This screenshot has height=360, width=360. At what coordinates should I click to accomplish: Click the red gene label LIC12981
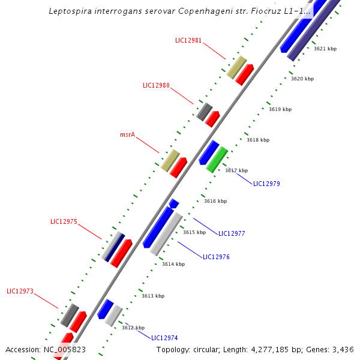[x=188, y=41]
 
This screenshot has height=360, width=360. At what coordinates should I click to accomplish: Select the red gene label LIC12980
[x=156, y=85]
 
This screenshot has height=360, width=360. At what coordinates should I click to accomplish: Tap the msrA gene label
[x=128, y=135]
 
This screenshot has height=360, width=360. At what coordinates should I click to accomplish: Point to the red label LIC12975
[x=64, y=221]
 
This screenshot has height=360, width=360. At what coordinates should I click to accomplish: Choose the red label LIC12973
[x=20, y=292]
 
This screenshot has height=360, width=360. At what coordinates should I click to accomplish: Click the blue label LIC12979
[x=266, y=184]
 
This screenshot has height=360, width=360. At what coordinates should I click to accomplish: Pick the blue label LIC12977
[x=232, y=233]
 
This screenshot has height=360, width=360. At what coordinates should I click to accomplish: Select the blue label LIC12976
[x=216, y=257]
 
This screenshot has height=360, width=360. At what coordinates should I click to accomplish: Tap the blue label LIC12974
[x=164, y=338]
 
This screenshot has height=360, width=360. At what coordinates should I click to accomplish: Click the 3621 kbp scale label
[x=325, y=49]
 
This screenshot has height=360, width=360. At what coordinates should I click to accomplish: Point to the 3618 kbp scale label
[x=258, y=140]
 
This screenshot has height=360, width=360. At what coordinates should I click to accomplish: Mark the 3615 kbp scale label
[x=194, y=232]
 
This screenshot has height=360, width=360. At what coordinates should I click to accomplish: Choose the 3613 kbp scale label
[x=153, y=296]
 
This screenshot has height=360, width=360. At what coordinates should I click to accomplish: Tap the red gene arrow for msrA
[x=178, y=167]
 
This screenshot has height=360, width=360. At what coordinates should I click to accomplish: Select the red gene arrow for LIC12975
[x=121, y=253]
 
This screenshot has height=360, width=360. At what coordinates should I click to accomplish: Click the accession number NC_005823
[x=65, y=349]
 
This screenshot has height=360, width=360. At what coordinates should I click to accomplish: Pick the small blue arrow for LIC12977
[x=173, y=203]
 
